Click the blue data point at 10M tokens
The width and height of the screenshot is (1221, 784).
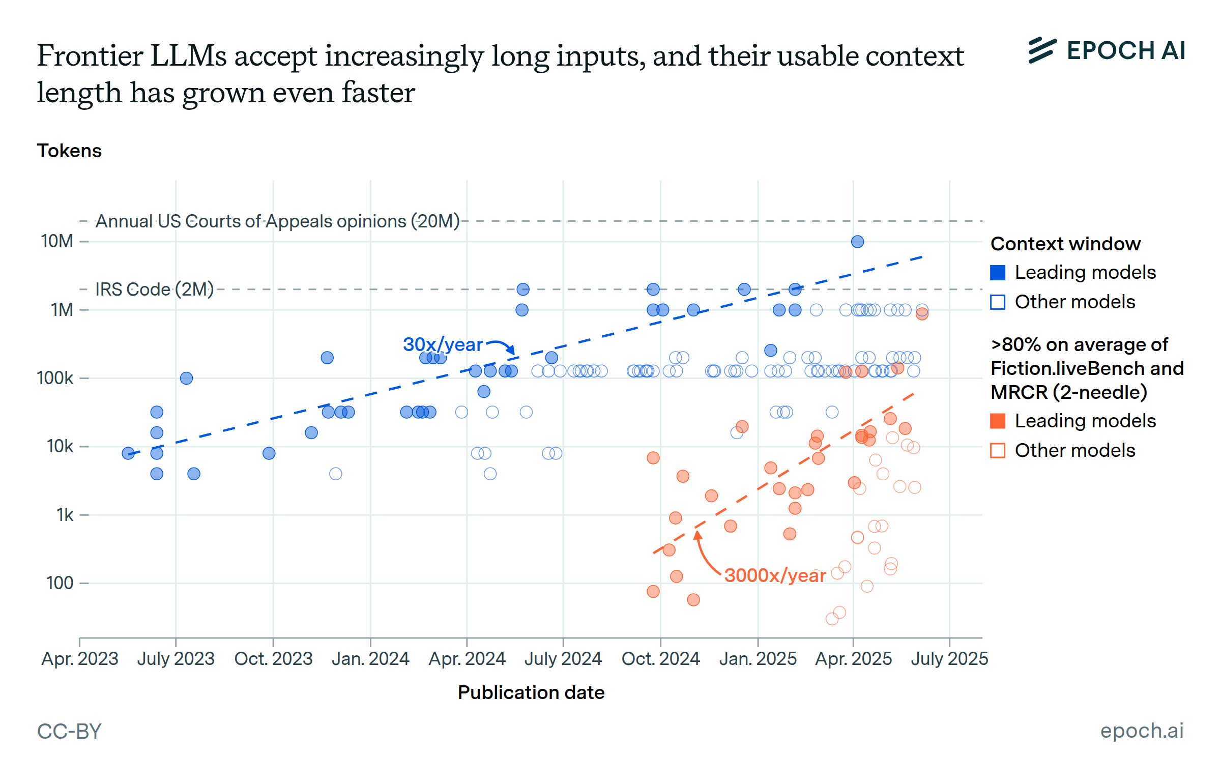pos(857,242)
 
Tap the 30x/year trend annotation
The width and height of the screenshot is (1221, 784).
pos(442,344)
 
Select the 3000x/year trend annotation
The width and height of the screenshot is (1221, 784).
pos(774,575)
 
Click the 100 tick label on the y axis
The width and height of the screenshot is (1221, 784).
pos(60,583)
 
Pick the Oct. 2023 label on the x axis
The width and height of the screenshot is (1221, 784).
pos(273,659)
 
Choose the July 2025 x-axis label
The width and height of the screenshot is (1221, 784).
pos(949,659)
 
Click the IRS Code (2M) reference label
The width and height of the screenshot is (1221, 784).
pos(154,289)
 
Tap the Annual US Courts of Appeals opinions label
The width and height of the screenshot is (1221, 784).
pos(277,221)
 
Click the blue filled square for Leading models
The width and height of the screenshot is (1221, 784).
pos(998,273)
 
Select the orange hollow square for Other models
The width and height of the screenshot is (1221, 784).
pos(998,451)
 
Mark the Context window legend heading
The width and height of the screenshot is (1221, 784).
pos(1065,244)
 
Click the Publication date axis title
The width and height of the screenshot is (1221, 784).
pos(531,693)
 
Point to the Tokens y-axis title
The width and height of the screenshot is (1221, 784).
pos(69,151)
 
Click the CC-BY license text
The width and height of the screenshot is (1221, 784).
pos(69,732)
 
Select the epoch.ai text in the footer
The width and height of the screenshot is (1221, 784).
pos(1142,731)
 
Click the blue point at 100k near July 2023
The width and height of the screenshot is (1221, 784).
pos(186,378)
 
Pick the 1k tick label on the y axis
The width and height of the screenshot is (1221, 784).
pos(65,515)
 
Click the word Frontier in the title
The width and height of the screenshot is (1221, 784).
pos(90,56)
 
